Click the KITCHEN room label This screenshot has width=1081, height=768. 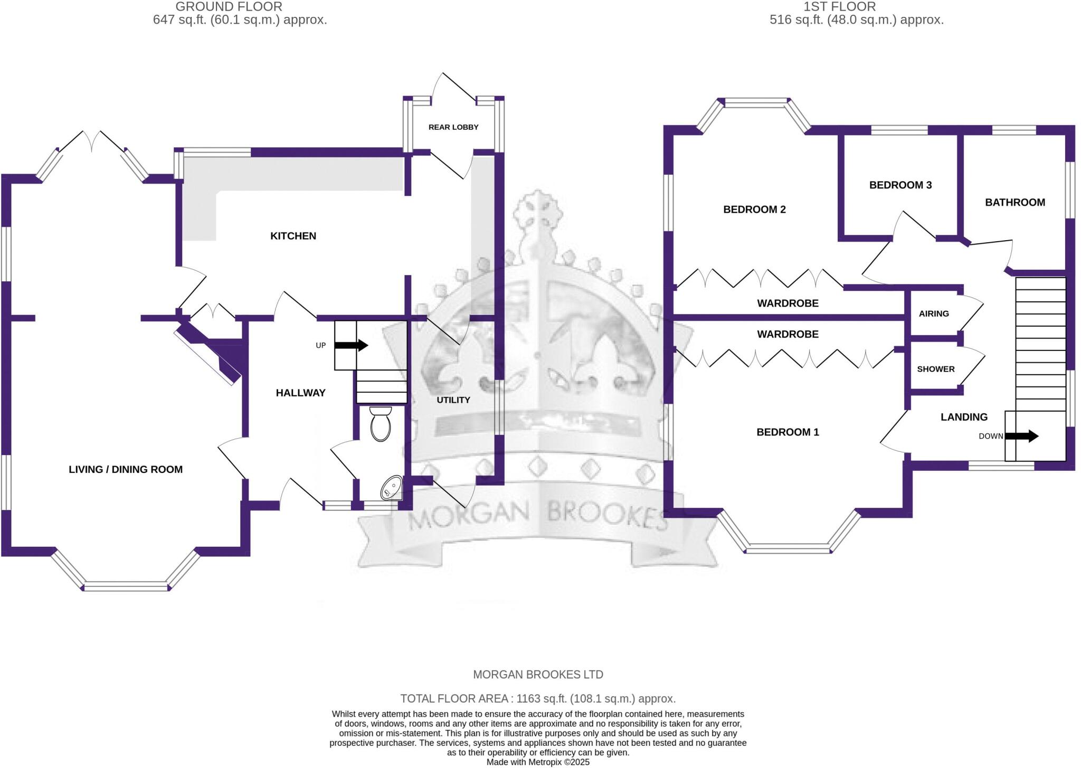pyautogui.click(x=293, y=236)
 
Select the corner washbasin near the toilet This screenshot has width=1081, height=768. pyautogui.click(x=392, y=488)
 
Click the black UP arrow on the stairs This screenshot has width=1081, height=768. pyautogui.click(x=352, y=346)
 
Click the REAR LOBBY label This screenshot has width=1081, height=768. pyautogui.click(x=453, y=127)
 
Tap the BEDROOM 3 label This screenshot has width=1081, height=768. pyautogui.click(x=900, y=185)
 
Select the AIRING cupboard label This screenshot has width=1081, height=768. pyautogui.click(x=934, y=314)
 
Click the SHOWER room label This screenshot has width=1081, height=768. pyautogui.click(x=936, y=369)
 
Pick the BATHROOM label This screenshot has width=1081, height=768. pyautogui.click(x=1015, y=202)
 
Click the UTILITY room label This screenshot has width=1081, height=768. pyautogui.click(x=453, y=400)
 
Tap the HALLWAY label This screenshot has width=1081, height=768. pyautogui.click(x=300, y=393)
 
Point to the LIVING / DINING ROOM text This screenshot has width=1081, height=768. pyautogui.click(x=126, y=469)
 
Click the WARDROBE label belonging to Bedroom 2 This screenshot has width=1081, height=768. pyautogui.click(x=788, y=304)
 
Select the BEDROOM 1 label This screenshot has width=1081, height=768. pyautogui.click(x=788, y=432)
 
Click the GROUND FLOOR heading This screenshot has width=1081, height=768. pyautogui.click(x=229, y=7)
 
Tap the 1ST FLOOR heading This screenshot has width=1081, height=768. pyautogui.click(x=839, y=7)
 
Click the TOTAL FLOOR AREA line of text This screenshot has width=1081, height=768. pyautogui.click(x=538, y=699)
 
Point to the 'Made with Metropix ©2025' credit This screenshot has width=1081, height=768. pyautogui.click(x=538, y=762)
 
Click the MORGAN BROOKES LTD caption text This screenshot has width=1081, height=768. pyautogui.click(x=538, y=675)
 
